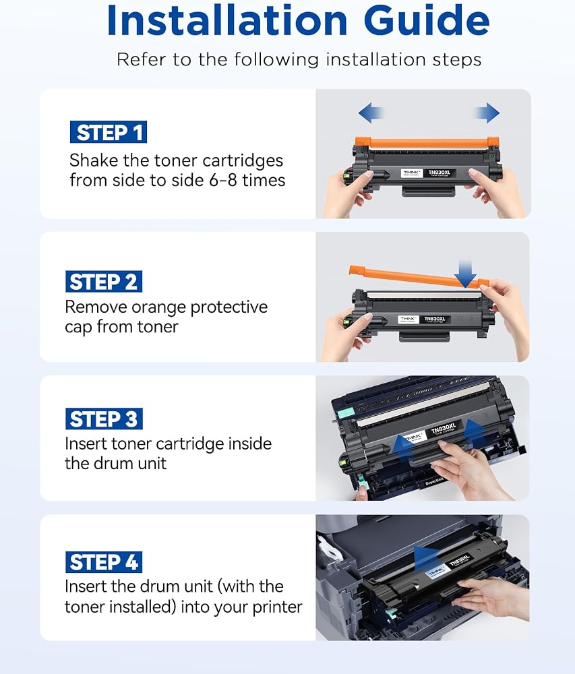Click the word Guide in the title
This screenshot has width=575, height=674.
click(426, 20)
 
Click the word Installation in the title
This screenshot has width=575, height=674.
click(227, 20)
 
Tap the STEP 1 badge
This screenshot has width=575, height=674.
click(109, 132)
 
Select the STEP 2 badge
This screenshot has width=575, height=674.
click(104, 282)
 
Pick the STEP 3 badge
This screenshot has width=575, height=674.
click(104, 419)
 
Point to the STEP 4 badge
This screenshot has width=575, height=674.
click(104, 562)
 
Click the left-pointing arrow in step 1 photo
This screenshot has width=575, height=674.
click(371, 113)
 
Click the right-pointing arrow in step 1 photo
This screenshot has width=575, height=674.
click(487, 113)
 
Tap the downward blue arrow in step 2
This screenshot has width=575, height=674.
click(465, 274)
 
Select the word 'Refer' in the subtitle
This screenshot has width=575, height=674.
click(142, 59)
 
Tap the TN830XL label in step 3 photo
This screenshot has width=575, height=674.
click(444, 429)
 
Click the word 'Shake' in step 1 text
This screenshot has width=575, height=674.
click(94, 160)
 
